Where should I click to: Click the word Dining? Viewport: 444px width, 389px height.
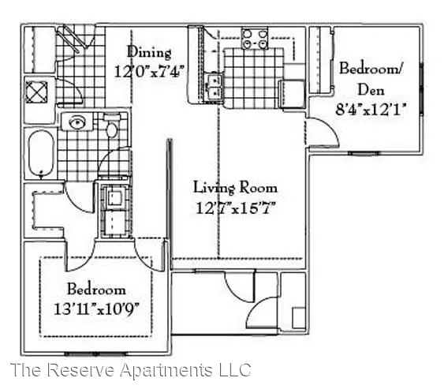[149, 53]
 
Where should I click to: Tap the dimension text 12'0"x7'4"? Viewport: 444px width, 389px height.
[149, 69]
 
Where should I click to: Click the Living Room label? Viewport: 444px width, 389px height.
[235, 188]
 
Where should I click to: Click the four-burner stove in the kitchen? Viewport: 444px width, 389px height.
[254, 39]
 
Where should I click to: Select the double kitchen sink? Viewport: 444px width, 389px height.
[214, 85]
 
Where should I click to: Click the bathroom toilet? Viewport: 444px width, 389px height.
[113, 129]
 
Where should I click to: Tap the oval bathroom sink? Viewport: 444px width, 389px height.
[77, 122]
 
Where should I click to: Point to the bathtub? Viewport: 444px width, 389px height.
[41, 153]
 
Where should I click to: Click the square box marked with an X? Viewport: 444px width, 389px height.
[37, 92]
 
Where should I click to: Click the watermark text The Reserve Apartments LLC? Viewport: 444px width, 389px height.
[130, 370]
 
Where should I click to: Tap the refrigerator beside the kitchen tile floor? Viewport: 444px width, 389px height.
[293, 93]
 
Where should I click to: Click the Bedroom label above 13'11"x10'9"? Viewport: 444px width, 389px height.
[95, 289]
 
